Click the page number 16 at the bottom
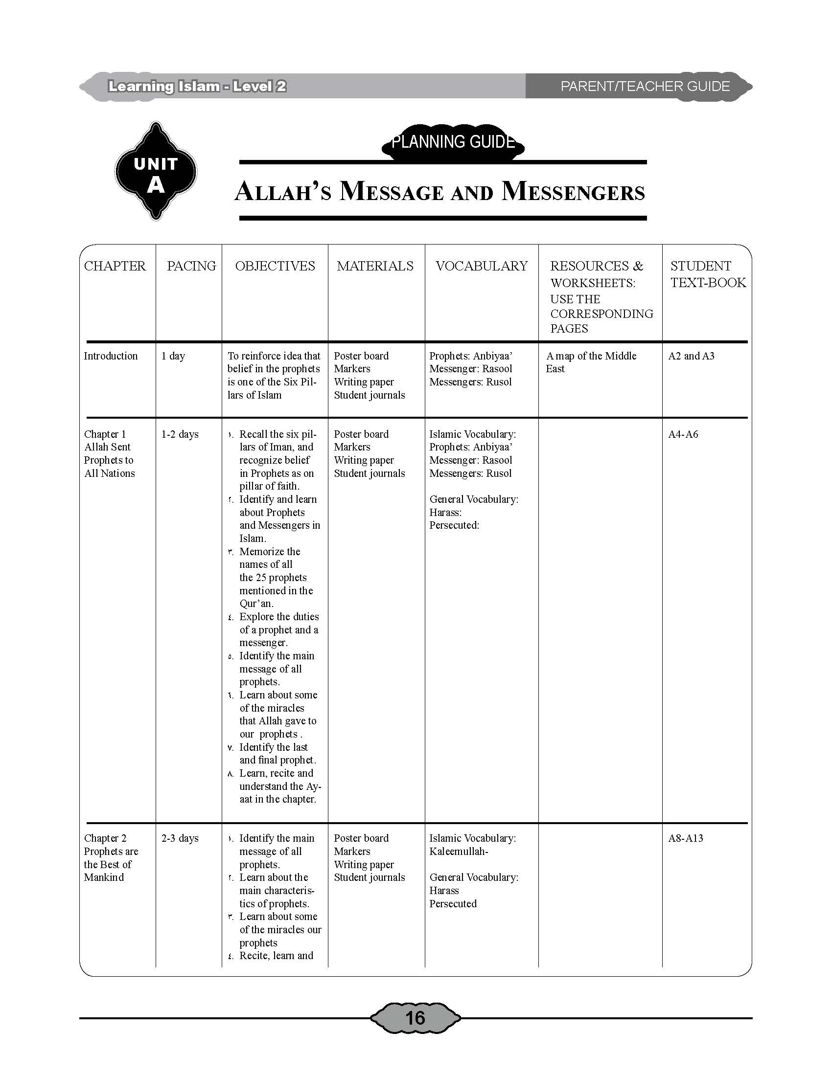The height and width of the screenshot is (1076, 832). [415, 1017]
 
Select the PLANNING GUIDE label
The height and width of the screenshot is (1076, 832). [453, 142]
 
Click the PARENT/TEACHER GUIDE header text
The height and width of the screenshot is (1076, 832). [645, 86]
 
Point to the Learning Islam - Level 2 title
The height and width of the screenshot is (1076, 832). [197, 87]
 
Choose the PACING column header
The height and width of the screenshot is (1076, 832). [191, 266]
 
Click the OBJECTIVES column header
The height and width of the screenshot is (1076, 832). [275, 266]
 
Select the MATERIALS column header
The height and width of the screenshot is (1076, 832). [375, 266]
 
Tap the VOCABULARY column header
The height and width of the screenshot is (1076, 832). [482, 266]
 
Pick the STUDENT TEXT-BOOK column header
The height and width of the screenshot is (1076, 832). [708, 274]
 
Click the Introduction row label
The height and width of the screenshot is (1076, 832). [111, 356]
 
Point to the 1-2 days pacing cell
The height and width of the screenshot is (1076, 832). [180, 434]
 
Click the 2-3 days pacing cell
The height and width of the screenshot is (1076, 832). [180, 838]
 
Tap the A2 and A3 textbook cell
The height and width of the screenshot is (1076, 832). [691, 356]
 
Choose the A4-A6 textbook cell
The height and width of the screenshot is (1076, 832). [683, 434]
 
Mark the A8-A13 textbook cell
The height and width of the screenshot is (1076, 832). [686, 838]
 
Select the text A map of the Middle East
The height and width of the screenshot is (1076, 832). [591, 362]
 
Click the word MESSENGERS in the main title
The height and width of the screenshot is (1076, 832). [573, 192]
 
